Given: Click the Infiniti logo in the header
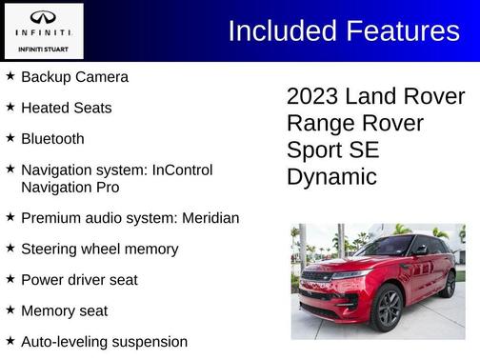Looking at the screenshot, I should point(43,19).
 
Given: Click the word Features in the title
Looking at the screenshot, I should point(400,30).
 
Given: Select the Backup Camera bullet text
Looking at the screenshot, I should point(74,77).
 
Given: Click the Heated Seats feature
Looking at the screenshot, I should point(66,108).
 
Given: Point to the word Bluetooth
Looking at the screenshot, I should point(52,138).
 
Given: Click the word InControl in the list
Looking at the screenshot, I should point(178,170).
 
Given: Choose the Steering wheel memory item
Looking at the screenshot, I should point(99,249).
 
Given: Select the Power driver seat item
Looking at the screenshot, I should point(79,280).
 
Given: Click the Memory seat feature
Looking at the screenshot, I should point(64,310).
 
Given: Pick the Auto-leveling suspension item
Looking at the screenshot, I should point(104,341).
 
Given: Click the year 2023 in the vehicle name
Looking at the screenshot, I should point(312,97).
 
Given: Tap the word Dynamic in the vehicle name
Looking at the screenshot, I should point(331,177).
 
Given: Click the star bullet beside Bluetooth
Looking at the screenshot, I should point(10,138).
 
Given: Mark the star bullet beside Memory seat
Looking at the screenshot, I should point(10,310).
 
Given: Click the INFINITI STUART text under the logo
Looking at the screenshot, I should point(43,48).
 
